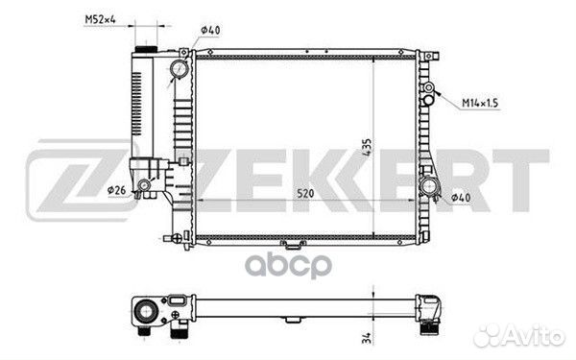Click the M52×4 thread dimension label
(x=100, y=19)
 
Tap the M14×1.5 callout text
(x=480, y=103)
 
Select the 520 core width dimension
(x=305, y=193)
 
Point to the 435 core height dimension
(x=367, y=147)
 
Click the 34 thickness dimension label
(x=367, y=338)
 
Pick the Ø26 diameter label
(x=116, y=190)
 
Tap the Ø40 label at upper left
(x=210, y=30)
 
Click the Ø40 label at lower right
(x=461, y=197)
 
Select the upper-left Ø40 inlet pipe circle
(x=180, y=69)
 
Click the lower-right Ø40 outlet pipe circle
(x=429, y=186)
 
